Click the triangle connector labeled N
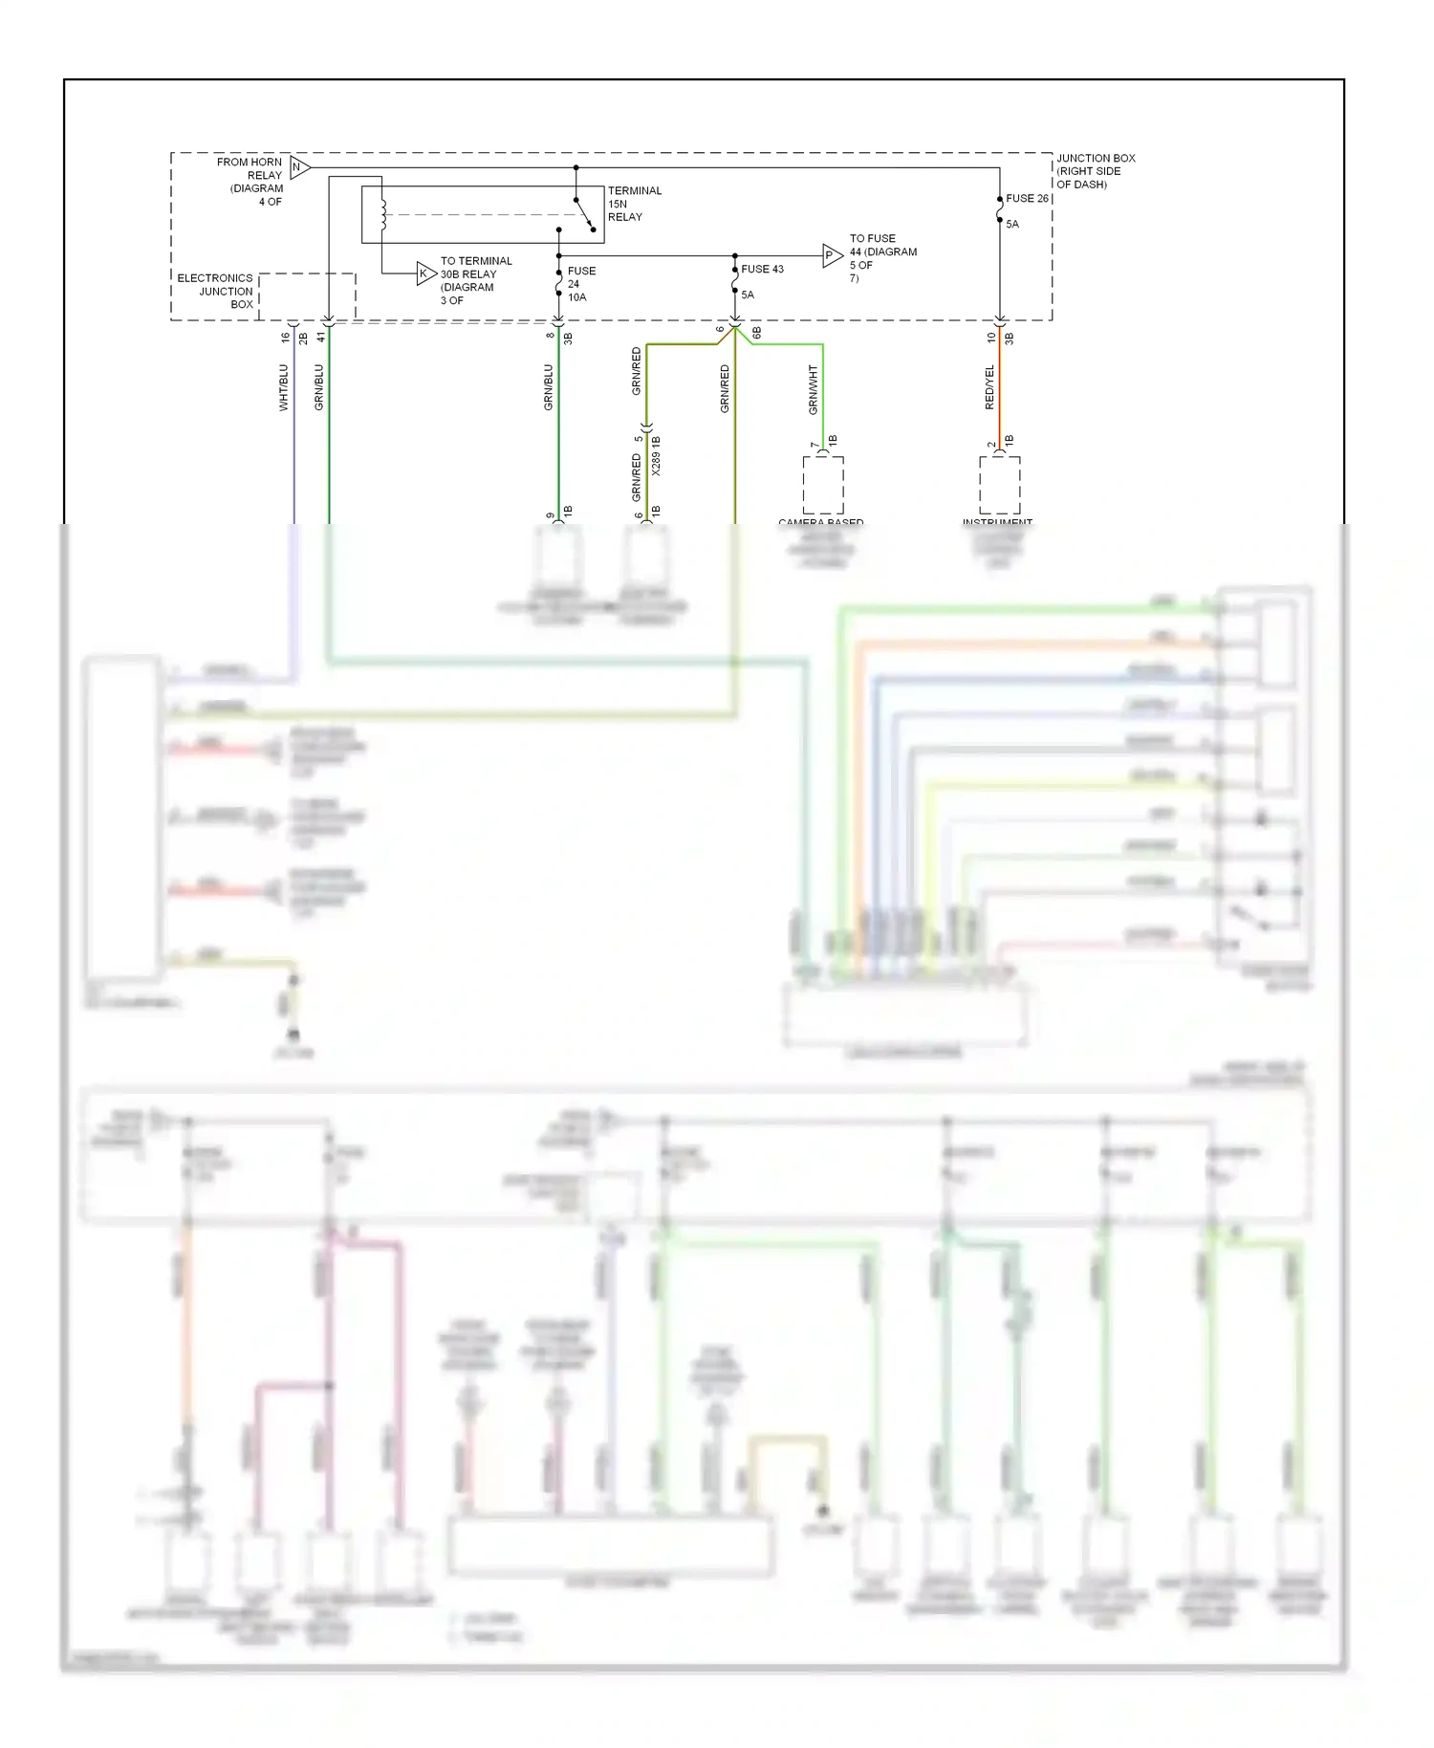click(299, 167)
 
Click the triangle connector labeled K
click(425, 273)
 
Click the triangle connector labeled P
click(831, 255)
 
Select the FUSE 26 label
click(1027, 199)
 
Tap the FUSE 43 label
click(762, 270)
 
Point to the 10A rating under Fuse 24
click(576, 297)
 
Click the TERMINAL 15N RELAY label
click(634, 204)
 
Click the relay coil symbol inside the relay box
click(382, 215)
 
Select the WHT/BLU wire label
click(283, 387)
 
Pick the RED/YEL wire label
click(989, 387)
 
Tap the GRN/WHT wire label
click(813, 389)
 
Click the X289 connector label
click(656, 456)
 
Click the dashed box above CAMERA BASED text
click(822, 486)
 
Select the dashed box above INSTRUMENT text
click(999, 486)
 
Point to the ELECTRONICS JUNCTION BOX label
click(216, 292)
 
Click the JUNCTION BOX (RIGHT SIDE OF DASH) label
click(1095, 171)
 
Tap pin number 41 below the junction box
click(321, 337)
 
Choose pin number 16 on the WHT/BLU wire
click(285, 337)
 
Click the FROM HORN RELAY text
click(251, 175)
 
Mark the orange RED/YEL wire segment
click(1000, 402)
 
